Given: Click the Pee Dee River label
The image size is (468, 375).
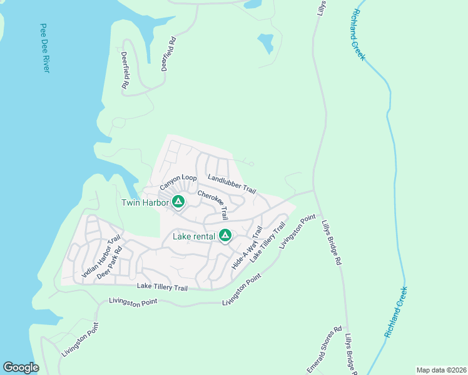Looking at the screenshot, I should [44, 49].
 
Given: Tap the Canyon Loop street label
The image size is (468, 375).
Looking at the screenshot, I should [178, 182].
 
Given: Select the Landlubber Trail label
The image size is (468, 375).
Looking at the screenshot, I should [232, 184].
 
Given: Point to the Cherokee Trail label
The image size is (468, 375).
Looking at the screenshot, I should [213, 205].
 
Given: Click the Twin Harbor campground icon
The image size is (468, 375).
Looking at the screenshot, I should [178, 202].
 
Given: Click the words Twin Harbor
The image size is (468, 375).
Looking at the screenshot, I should [145, 202].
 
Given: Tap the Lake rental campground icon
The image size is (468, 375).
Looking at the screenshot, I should [225, 236].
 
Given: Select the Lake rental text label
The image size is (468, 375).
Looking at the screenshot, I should [194, 236].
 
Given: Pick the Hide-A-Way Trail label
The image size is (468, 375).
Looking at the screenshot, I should [247, 248].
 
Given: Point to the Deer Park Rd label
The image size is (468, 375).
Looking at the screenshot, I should [109, 266].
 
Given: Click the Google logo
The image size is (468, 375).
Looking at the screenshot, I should [21, 367].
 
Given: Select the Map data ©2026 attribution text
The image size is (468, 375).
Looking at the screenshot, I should [441, 369].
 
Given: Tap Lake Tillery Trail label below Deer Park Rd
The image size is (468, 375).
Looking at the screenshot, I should [162, 287].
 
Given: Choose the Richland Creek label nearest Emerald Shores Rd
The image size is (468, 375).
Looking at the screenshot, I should [396, 312].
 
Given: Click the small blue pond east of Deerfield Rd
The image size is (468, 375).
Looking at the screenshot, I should [265, 43].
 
